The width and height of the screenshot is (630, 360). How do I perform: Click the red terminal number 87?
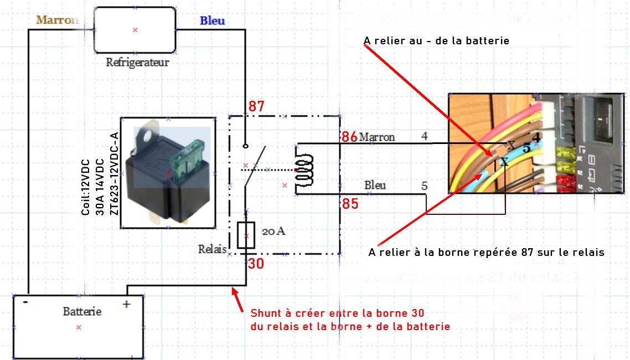[x=256, y=106]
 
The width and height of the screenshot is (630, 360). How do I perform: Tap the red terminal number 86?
[x=349, y=137]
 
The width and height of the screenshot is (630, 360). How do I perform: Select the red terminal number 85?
[x=349, y=204]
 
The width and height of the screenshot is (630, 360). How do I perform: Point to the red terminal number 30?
[x=255, y=264]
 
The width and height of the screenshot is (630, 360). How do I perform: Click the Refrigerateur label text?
[x=137, y=62]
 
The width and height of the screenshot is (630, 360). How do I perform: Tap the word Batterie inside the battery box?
[x=82, y=311]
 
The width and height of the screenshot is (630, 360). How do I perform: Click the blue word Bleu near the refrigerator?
[x=212, y=20]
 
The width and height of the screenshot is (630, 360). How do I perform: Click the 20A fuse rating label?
[x=273, y=232]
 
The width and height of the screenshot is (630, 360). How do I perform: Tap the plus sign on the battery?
[x=126, y=304]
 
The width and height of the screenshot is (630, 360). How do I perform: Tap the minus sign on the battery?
[x=25, y=303]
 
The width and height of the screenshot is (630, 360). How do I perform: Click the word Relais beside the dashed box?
[x=213, y=249]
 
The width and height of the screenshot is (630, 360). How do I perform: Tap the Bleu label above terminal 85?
[x=375, y=185]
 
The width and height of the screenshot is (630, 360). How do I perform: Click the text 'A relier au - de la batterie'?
[x=436, y=41]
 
